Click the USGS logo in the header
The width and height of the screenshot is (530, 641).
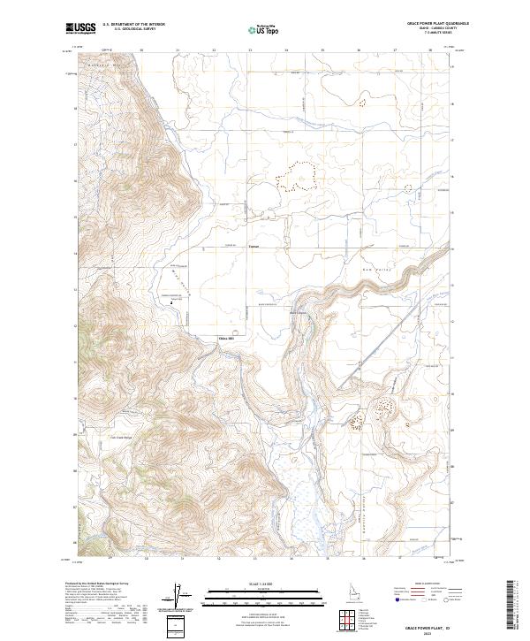(x=82, y=29)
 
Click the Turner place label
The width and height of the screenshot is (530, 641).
(x=254, y=246)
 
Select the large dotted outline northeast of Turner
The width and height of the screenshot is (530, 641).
(x=296, y=177)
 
